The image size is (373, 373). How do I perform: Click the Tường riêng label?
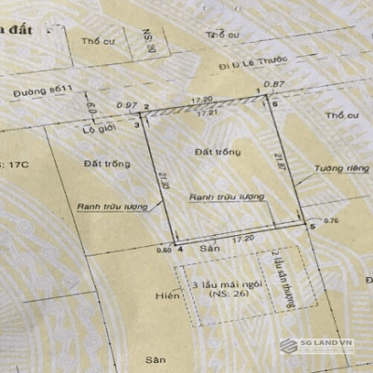333,168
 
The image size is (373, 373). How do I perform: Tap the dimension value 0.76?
330,221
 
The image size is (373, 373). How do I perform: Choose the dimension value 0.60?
165,249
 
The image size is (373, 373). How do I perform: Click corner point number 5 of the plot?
311,227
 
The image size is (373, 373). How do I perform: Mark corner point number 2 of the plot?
147,107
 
